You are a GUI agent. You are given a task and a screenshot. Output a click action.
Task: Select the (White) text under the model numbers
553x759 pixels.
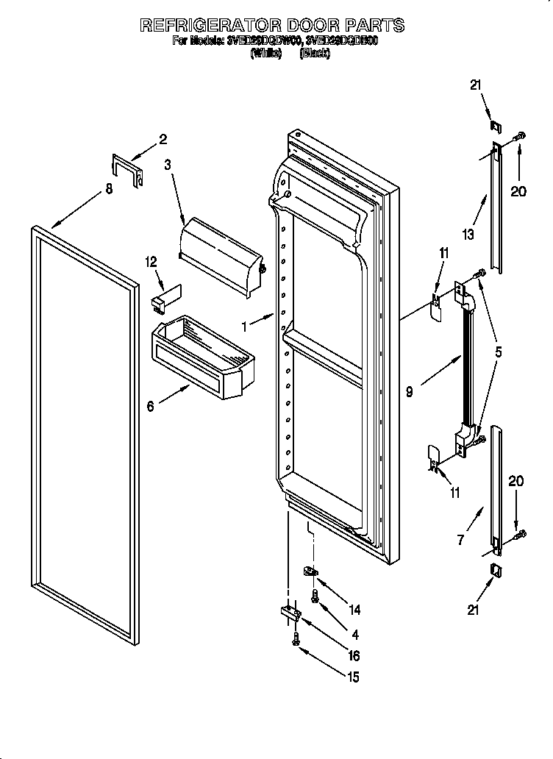(266, 54)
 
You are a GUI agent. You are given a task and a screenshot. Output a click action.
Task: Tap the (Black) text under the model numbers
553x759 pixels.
(315, 54)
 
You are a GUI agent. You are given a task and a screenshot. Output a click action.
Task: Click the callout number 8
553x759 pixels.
(109, 188)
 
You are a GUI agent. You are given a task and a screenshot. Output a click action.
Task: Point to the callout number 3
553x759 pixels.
(168, 165)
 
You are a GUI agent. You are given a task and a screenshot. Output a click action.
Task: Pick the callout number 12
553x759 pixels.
(151, 261)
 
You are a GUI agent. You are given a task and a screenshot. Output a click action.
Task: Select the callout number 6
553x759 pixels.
(151, 406)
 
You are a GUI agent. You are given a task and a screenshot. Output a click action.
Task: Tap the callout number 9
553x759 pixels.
(409, 392)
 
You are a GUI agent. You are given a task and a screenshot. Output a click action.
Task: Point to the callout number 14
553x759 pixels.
(355, 609)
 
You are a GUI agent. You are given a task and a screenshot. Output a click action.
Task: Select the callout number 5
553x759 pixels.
(499, 352)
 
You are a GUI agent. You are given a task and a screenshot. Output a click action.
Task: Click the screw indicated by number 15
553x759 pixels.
(296, 640)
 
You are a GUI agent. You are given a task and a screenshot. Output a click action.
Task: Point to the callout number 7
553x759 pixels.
(460, 540)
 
